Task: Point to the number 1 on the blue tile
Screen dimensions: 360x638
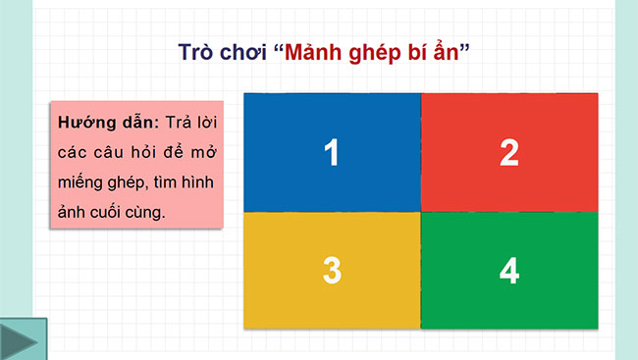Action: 332,153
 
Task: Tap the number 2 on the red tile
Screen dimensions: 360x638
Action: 509,153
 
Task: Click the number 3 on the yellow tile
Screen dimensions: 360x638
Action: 332,272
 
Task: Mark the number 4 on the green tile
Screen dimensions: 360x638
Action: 509,272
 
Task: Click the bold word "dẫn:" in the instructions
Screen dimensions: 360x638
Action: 136,124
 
